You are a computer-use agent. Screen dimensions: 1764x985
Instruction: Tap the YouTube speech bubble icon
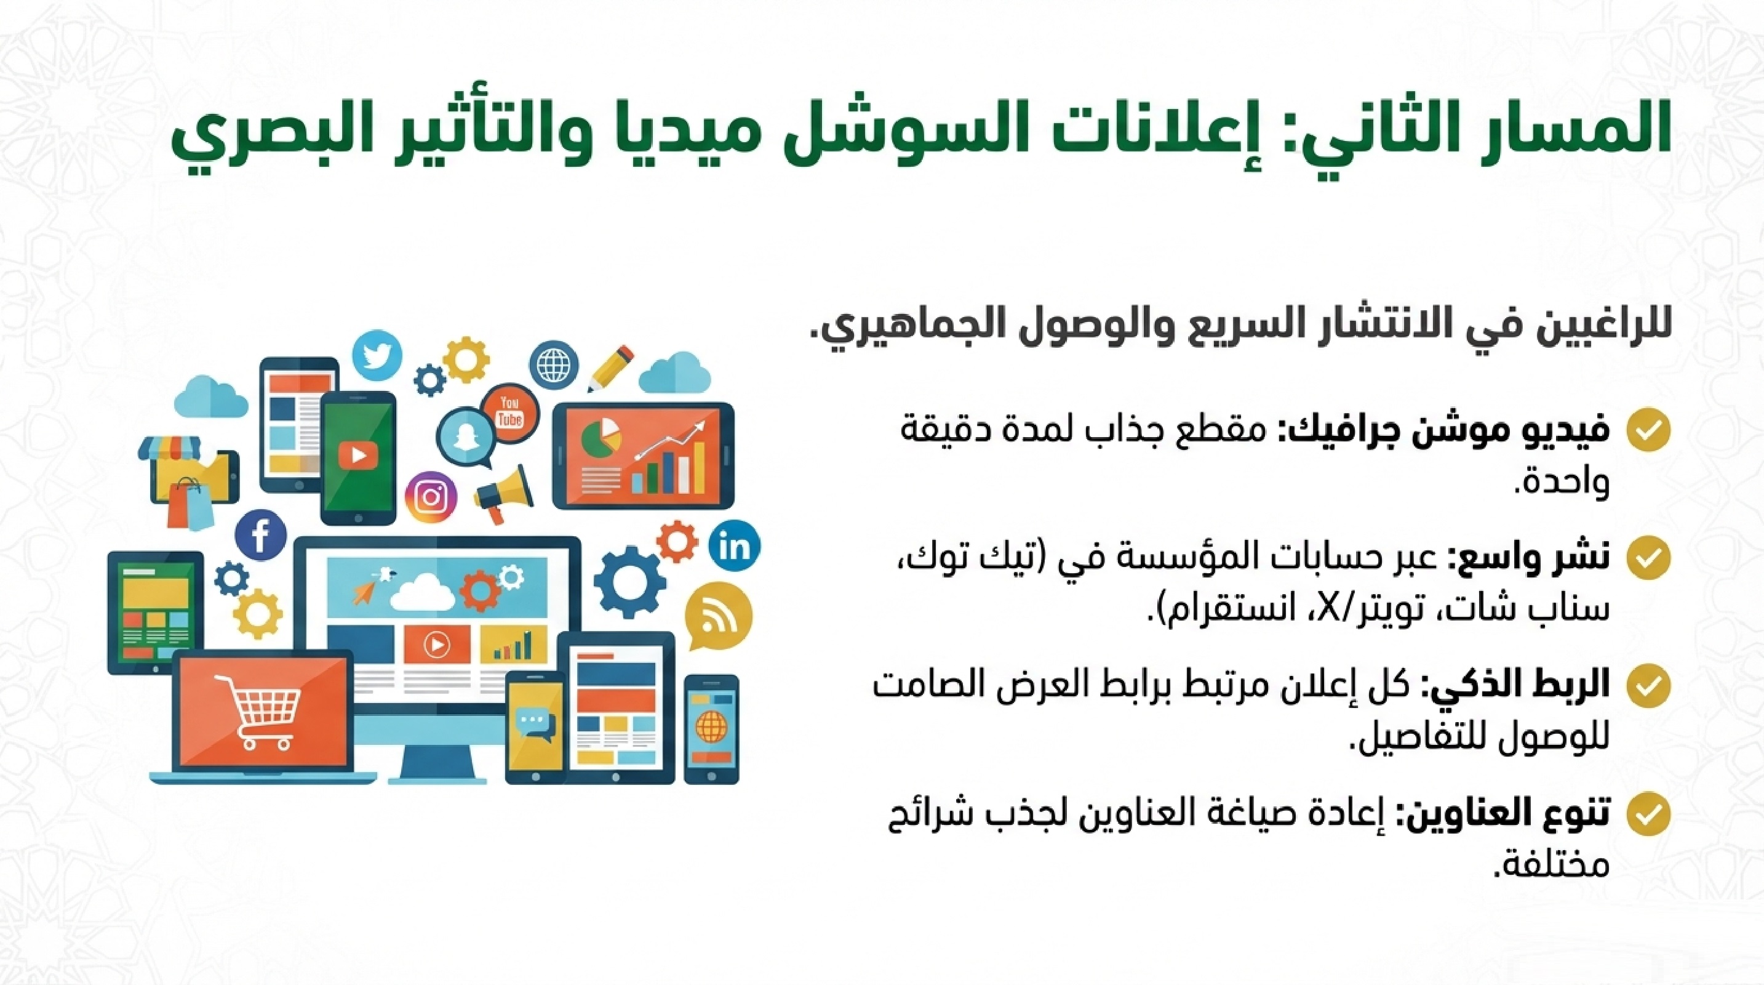[x=509, y=412]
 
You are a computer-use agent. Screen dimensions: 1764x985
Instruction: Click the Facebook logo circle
[x=260, y=536]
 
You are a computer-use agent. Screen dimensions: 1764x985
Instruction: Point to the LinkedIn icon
[x=735, y=546]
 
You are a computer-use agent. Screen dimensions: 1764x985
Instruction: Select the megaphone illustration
[x=505, y=494]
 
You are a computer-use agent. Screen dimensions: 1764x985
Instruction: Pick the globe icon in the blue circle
[x=553, y=364]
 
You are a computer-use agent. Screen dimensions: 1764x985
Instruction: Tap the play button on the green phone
[x=358, y=455]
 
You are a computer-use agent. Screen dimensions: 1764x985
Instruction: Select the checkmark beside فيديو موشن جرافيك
[x=1648, y=430]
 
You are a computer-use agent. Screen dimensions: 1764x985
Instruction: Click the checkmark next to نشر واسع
[x=1648, y=558]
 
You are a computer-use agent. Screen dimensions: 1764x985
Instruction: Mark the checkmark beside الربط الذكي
[x=1648, y=686]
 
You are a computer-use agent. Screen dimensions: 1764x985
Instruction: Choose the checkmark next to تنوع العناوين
[x=1648, y=814]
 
